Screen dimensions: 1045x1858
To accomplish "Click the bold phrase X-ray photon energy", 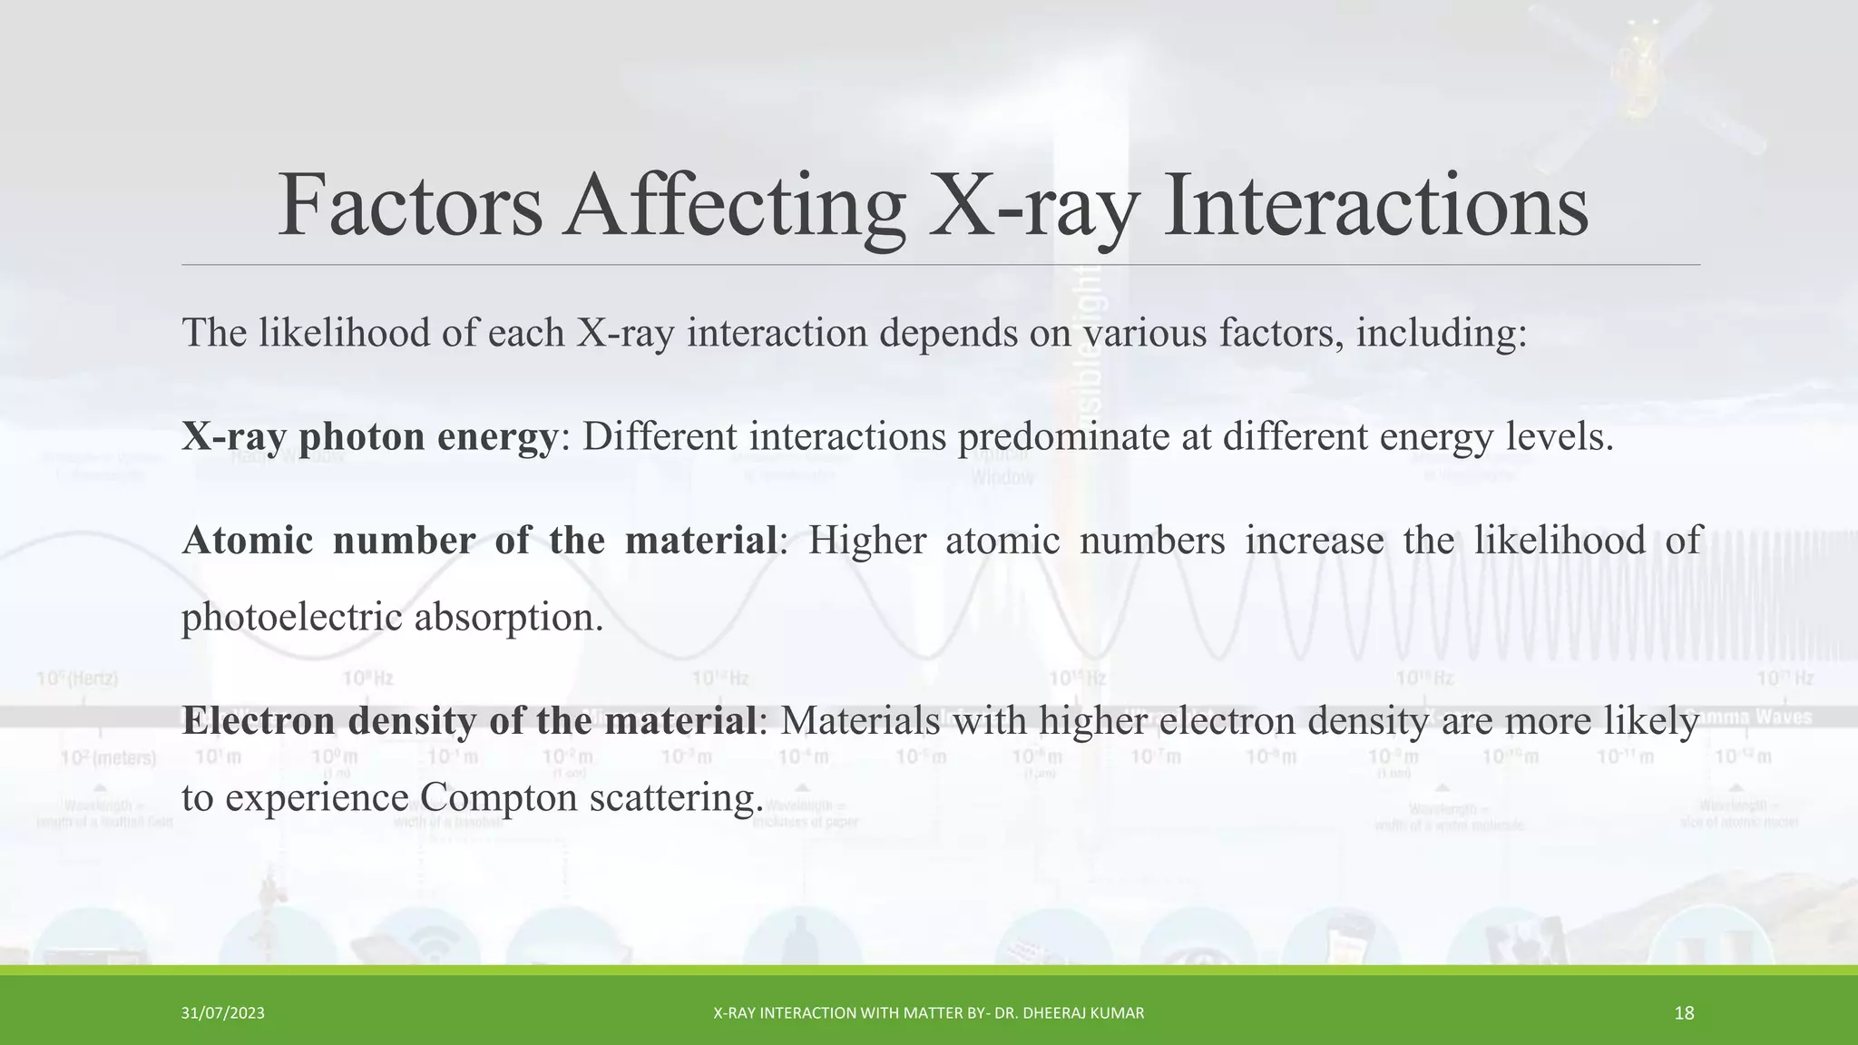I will [x=369, y=437].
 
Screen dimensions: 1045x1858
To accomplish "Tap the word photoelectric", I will [x=291, y=618].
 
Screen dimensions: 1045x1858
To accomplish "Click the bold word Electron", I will [x=259, y=721].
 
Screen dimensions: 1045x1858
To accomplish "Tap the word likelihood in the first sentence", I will [x=344, y=333].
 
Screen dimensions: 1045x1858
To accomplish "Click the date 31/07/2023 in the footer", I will [x=222, y=1013].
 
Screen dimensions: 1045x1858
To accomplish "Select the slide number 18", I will [x=1684, y=1013].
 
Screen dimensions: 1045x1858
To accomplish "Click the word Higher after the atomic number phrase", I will [x=866, y=541].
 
